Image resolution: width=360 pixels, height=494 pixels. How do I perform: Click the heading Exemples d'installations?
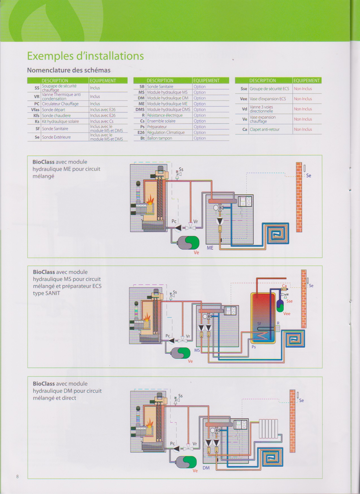click(85, 56)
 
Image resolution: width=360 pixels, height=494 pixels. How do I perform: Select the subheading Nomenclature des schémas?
click(69, 70)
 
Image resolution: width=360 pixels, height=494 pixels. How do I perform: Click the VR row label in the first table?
click(37, 97)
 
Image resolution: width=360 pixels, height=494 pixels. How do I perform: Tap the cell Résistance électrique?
click(165, 115)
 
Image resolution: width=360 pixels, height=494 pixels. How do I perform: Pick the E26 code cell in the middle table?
click(141, 132)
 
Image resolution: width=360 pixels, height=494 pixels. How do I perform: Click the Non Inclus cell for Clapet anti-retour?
click(303, 129)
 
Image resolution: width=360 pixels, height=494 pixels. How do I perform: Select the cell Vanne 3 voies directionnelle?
click(261, 109)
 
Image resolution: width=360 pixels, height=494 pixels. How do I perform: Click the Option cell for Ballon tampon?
click(200, 138)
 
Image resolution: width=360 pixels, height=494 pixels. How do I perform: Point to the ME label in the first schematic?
click(210, 248)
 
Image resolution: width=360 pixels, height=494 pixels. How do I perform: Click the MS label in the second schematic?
click(197, 350)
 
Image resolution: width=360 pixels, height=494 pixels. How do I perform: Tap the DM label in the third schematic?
click(206, 468)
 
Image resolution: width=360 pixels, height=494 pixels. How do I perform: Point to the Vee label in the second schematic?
click(287, 314)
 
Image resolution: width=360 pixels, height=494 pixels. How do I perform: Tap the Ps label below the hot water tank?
click(254, 347)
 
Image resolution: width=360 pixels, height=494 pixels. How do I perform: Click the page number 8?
click(18, 476)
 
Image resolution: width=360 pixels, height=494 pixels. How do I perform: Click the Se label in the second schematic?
click(311, 286)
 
